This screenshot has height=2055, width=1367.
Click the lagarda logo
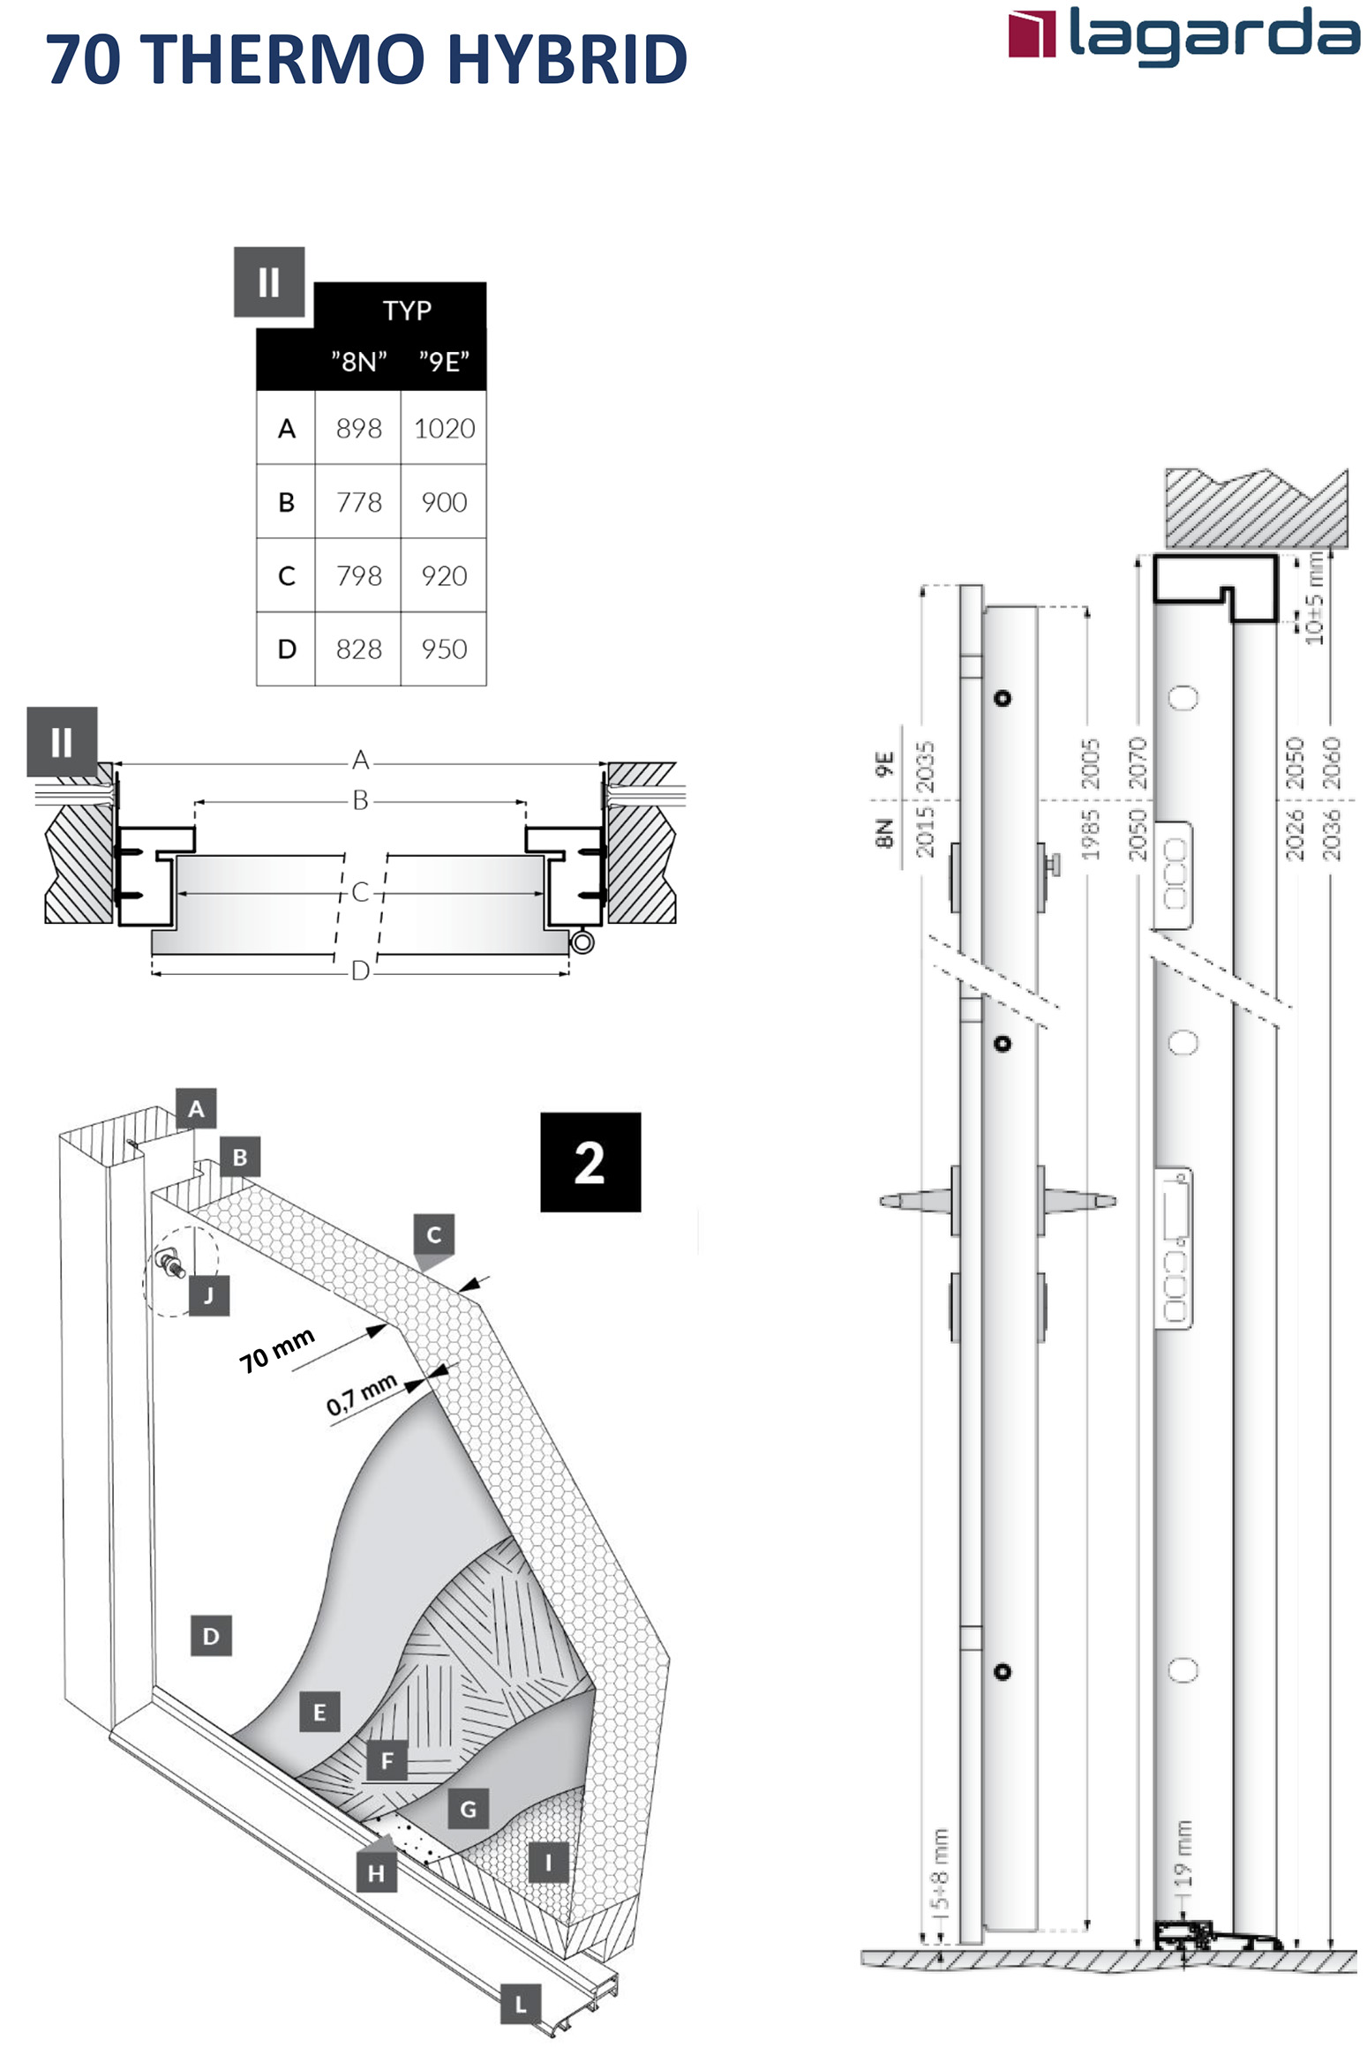[1183, 35]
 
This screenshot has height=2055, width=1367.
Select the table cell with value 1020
[444, 428]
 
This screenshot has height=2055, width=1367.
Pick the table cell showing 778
[358, 502]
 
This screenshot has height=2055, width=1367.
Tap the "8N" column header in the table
[358, 361]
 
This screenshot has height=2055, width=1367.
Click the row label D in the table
[286, 649]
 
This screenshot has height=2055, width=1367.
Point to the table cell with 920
[444, 575]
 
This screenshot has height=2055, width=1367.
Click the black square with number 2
[590, 1161]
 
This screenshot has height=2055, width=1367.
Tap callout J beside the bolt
[209, 1295]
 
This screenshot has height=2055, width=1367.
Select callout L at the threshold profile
[521, 2004]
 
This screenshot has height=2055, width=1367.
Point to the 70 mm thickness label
[276, 1349]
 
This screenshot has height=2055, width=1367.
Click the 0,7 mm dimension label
[362, 1394]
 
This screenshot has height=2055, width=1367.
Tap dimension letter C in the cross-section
[360, 892]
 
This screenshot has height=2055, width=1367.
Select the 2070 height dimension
[1138, 763]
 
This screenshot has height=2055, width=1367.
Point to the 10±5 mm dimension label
[1314, 597]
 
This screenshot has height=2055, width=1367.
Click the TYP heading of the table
[407, 311]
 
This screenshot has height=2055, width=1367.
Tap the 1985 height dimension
[1090, 835]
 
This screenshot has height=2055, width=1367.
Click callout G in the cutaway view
[469, 1810]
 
